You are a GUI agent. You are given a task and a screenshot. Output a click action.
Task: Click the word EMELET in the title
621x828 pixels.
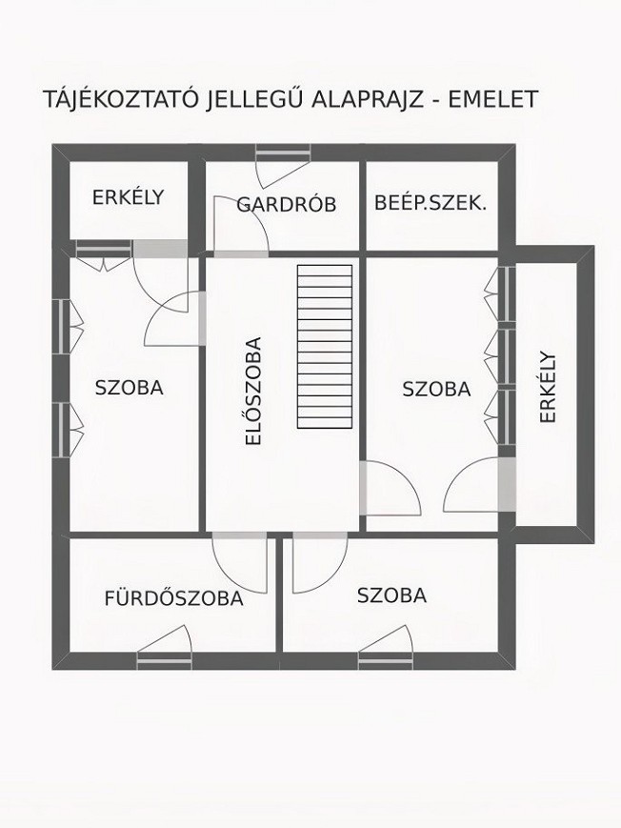[x=493, y=99]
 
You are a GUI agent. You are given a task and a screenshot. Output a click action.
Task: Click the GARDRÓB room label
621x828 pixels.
[x=286, y=204]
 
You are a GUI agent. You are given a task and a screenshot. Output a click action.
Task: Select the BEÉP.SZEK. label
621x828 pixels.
[x=431, y=203]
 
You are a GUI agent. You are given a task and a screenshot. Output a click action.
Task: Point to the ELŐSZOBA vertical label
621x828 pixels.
[x=254, y=392]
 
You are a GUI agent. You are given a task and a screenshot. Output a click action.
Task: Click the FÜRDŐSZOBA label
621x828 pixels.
[x=173, y=598]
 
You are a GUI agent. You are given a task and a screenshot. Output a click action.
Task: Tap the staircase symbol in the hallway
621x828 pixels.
[x=325, y=347]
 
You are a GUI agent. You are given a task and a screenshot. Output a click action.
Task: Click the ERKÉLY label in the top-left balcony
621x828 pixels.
[x=129, y=197]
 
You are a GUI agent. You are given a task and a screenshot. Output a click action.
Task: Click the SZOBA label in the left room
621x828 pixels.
[x=130, y=388]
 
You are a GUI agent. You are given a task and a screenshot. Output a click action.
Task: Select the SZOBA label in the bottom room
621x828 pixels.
[x=391, y=596]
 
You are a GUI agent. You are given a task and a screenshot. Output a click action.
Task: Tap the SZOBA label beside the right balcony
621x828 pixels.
[x=436, y=389]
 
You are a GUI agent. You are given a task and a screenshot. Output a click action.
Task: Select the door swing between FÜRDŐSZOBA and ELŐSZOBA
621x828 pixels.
[x=240, y=563]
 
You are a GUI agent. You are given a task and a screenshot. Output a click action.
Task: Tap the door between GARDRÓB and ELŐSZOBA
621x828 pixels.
[x=241, y=227]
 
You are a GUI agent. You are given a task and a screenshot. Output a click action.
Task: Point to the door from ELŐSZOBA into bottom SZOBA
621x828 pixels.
[x=320, y=563]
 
